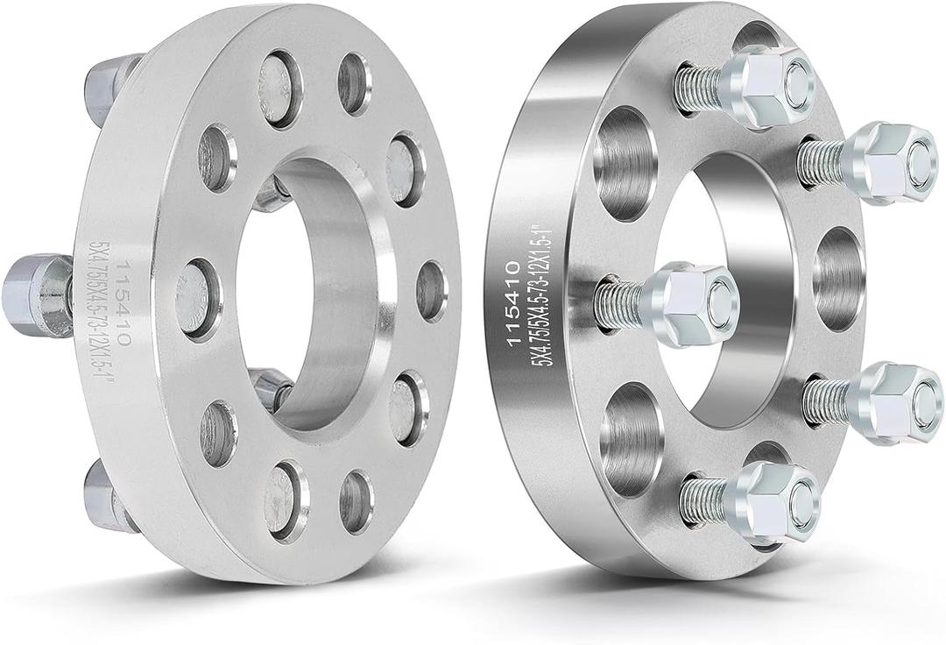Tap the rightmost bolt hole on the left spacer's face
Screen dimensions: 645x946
pos(431,290)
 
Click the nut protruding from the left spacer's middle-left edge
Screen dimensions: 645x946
pos(35,294)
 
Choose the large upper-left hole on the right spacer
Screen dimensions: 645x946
pos(624,163)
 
